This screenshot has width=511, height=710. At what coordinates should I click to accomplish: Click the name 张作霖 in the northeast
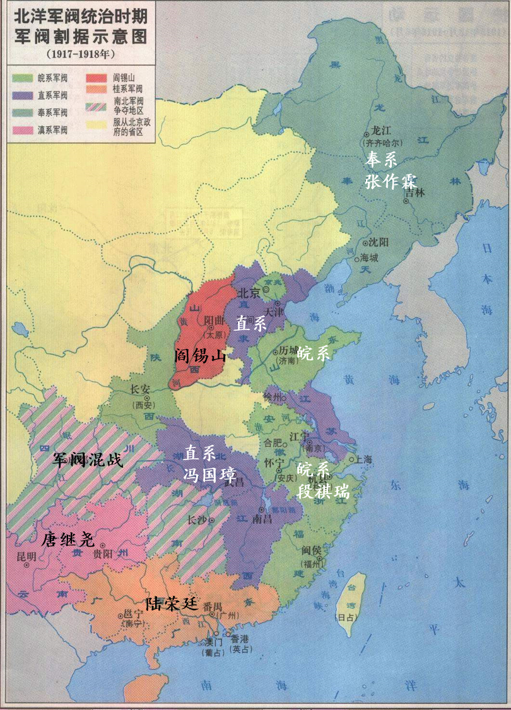(x=391, y=181)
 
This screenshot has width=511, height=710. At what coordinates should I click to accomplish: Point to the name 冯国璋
(x=210, y=474)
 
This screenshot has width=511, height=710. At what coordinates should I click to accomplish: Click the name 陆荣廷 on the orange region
(x=172, y=602)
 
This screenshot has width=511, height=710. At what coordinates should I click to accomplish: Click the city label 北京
(x=249, y=293)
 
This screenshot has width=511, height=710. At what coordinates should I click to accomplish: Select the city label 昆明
(x=26, y=556)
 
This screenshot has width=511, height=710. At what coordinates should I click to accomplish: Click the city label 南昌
(x=262, y=519)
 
